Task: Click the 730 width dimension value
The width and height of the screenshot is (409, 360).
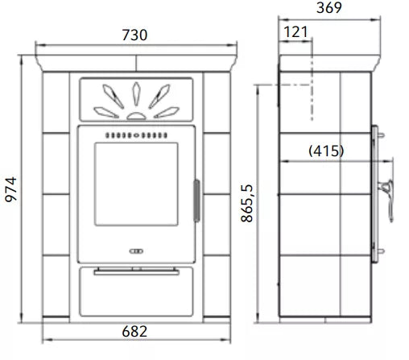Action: coord(134,35)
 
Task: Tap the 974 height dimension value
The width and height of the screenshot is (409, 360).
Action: coord(11,189)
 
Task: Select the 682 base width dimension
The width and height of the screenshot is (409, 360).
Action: coord(134,331)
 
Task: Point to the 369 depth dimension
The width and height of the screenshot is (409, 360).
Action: coord(329,7)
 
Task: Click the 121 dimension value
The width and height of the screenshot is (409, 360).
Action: coord(295,32)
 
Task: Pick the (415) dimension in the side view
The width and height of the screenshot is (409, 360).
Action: coord(326,151)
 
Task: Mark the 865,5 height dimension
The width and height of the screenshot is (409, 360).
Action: coord(247,203)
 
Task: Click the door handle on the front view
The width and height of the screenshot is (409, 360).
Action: coord(196,201)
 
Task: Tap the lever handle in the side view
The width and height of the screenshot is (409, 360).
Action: coord(387,200)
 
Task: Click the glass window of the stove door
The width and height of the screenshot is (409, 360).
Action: coord(136,184)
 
